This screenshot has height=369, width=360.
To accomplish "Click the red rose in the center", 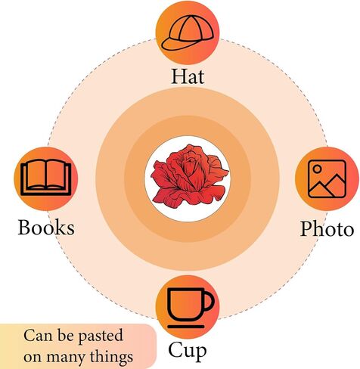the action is [x=190, y=176].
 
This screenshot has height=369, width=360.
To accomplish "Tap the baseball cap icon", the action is [x=188, y=33].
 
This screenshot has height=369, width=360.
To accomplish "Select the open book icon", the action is [x=46, y=178].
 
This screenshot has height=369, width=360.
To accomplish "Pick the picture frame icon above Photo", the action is [x=327, y=179].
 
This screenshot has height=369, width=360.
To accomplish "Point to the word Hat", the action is [x=188, y=76].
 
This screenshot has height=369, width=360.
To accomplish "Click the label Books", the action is [x=46, y=228].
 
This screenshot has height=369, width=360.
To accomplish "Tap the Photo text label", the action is [x=327, y=228].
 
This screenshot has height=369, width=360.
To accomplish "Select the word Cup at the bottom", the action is [x=188, y=351].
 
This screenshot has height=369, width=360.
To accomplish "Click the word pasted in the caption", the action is [x=101, y=336].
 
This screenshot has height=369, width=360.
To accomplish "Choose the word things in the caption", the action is [x=111, y=357].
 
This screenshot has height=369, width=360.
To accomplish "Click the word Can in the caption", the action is [x=38, y=336].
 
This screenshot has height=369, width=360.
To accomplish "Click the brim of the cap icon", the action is [x=174, y=45].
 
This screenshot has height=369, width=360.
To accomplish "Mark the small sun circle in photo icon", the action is [x=318, y=169].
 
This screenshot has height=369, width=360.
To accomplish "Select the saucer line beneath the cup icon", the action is [x=186, y=327].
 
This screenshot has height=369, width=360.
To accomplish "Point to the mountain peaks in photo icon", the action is [x=327, y=185].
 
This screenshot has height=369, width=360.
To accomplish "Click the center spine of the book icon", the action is [x=46, y=175].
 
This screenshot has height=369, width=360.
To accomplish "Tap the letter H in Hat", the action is [x=178, y=76].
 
